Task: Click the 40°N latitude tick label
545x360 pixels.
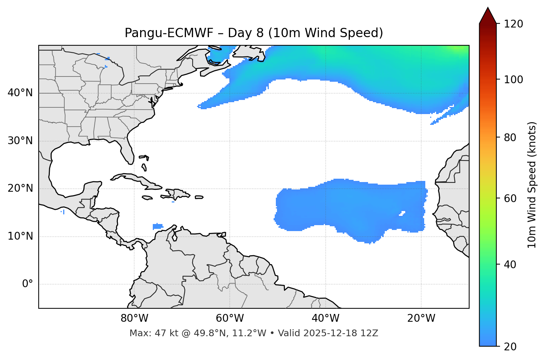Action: point(20,93)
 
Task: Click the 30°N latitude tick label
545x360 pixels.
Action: point(20,141)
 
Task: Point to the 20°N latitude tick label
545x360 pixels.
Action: point(20,188)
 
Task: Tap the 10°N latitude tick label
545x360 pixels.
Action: point(20,236)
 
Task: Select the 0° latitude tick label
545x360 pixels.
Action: point(28,284)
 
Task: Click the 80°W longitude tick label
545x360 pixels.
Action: point(134,318)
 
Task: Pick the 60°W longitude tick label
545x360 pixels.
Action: point(230,318)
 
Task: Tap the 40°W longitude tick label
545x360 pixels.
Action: point(325,318)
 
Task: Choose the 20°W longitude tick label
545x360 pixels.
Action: point(421,318)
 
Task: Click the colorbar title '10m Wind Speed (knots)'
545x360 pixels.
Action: point(532,185)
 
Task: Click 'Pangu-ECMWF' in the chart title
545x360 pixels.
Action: point(169,33)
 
